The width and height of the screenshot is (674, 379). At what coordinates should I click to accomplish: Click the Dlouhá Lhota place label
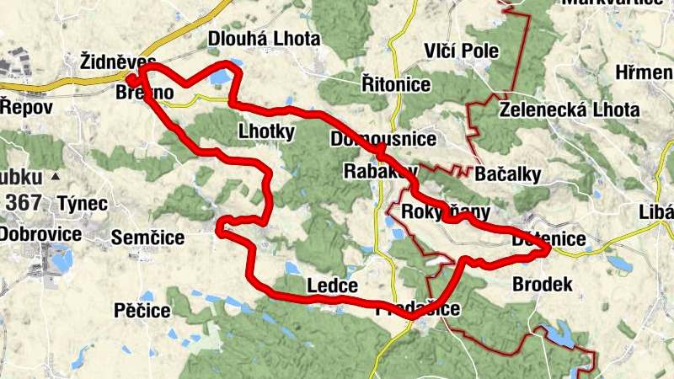[x=264, y=39]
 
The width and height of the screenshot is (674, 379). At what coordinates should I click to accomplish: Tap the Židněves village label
[x=117, y=61]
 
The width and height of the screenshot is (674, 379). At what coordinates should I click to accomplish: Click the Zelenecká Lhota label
[x=569, y=109]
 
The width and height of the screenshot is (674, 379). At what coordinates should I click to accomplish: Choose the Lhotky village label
[x=266, y=131]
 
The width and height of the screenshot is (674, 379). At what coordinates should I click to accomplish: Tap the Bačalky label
[x=507, y=174]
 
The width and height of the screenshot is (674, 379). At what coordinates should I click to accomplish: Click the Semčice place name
[x=148, y=238]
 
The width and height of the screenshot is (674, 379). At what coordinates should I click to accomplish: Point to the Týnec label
[x=83, y=203]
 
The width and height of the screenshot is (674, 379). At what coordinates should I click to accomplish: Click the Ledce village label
[x=333, y=285]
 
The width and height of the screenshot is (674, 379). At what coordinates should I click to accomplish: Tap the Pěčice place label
[x=142, y=311]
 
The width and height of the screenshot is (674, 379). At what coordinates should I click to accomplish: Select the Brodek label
[x=543, y=285]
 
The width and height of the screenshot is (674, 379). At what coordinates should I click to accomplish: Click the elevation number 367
[x=22, y=203]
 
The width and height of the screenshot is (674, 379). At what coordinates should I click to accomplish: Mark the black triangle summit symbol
[x=55, y=177]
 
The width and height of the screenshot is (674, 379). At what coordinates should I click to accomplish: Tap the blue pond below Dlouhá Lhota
[x=221, y=78]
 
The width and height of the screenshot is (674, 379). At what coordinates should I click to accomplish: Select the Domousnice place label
[x=383, y=138]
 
